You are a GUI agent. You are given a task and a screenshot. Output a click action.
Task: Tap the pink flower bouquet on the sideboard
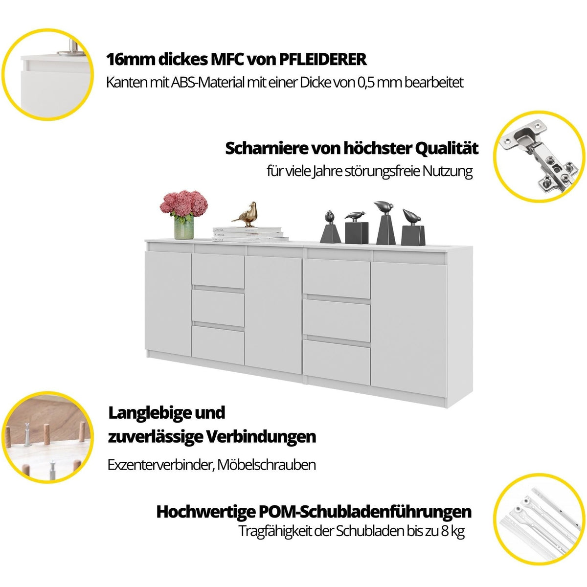tap(184, 203)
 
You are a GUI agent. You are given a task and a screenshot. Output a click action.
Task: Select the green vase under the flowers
tap(184, 227)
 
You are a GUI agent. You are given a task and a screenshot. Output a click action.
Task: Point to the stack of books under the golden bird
tap(250, 235)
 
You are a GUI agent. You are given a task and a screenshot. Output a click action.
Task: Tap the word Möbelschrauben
tap(267, 465)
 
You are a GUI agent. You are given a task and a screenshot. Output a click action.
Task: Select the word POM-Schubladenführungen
tap(365, 512)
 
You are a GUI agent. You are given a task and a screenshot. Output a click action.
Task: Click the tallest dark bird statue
tap(385, 223)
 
